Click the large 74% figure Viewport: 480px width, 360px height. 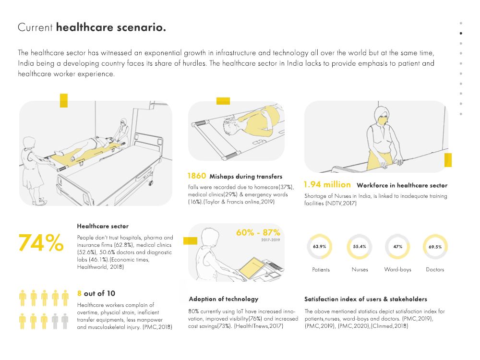click(x=41, y=243)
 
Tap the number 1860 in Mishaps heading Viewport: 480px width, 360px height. click(x=197, y=176)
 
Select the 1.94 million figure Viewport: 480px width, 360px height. click(x=327, y=185)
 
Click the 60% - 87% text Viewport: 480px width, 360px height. click(x=258, y=232)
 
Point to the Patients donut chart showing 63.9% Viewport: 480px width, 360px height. click(x=320, y=247)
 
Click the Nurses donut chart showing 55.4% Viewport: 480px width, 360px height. click(x=360, y=247)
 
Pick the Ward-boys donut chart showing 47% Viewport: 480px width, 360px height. click(x=397, y=247)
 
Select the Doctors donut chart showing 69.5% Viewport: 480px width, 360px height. click(x=435, y=247)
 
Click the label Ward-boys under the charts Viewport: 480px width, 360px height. click(x=397, y=270)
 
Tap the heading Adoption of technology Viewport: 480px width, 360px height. click(x=223, y=299)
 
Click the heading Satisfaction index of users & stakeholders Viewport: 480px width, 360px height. click(x=366, y=299)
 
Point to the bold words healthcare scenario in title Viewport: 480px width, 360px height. click(x=111, y=27)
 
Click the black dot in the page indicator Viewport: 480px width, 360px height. click(x=461, y=33)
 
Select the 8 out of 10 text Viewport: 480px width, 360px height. click(x=96, y=293)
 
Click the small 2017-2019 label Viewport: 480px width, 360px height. click(x=271, y=240)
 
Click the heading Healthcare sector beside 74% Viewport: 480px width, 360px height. click(x=103, y=226)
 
